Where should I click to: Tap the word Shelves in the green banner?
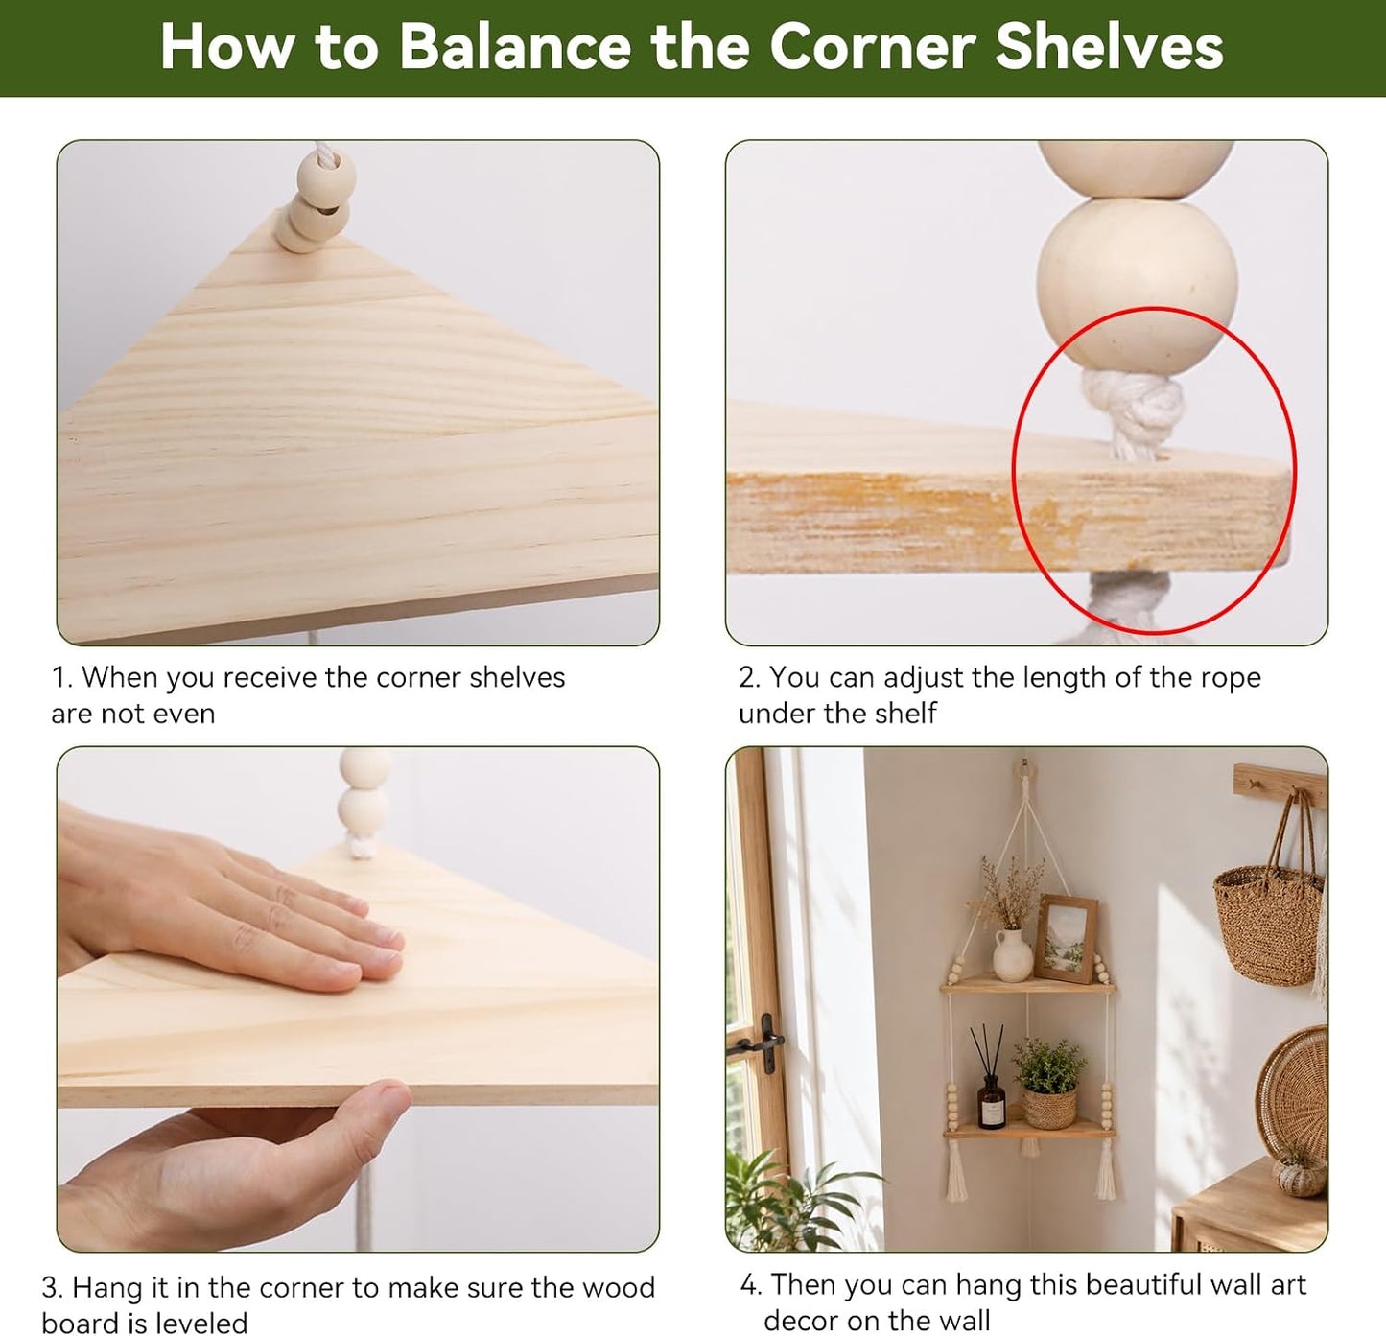pos(1110,47)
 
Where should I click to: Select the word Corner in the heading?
pos(873,47)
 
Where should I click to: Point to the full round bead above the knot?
pos(1137,289)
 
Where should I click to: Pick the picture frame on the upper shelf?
pos(1066,938)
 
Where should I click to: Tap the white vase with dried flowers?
pos(1012,954)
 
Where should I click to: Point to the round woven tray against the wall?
pos(1293,1100)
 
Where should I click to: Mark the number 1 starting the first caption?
pos(59,677)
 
